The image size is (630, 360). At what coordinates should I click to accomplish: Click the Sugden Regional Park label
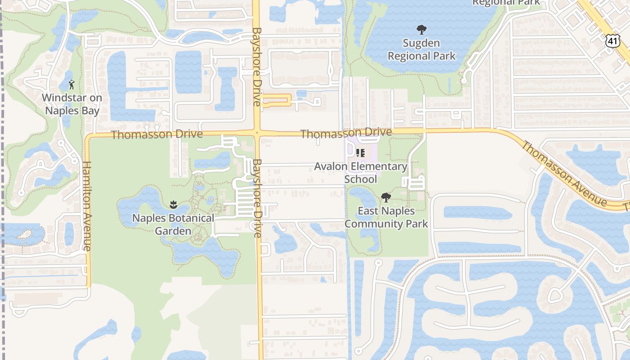point(422,49)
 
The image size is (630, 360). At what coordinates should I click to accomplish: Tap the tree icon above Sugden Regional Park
point(421,30)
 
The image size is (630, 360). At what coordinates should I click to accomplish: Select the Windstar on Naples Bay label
point(72,104)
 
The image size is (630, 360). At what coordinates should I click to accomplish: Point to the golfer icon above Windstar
point(72,84)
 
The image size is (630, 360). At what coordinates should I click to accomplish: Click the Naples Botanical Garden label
point(173,225)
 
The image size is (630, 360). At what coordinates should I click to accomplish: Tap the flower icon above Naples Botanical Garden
point(173,205)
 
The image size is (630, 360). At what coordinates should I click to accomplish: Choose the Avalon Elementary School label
point(360,173)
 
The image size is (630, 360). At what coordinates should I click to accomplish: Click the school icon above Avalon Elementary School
point(360,153)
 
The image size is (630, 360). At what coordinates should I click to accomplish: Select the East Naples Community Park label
point(386,217)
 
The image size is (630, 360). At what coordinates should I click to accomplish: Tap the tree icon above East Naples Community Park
point(386,197)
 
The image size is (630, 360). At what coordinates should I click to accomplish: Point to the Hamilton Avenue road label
point(87,206)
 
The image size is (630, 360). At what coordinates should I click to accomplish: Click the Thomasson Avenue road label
point(565,174)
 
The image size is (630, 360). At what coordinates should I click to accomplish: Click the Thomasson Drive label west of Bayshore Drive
point(157,134)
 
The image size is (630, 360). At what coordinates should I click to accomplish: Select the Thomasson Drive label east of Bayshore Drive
point(346,133)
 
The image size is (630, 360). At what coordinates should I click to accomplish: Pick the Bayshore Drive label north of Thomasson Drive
point(256,67)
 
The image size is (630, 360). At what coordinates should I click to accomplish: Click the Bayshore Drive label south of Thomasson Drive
point(257,198)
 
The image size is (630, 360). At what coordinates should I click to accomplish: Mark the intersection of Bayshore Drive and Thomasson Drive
point(257,133)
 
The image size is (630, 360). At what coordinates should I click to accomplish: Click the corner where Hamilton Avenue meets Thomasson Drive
point(88,136)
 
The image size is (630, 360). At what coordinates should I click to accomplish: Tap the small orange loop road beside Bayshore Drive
point(276,100)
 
